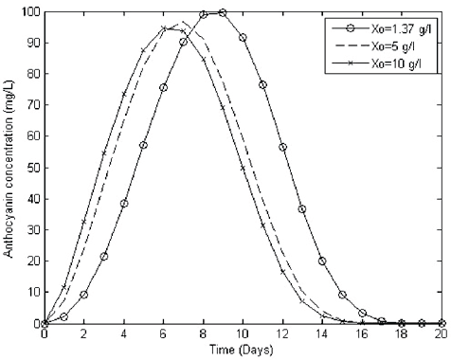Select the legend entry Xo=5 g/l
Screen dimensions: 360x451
(x=388, y=45)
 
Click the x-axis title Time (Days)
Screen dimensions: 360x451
(x=243, y=351)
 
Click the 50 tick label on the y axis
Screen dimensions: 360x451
(x=30, y=168)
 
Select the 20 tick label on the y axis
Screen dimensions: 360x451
(x=30, y=261)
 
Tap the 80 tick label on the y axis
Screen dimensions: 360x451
(x=30, y=75)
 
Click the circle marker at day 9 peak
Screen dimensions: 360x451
(x=223, y=12)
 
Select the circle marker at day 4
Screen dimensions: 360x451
(x=124, y=204)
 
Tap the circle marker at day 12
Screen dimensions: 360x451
(x=282, y=147)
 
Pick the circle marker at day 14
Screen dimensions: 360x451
(x=322, y=261)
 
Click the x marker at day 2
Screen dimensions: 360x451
(x=84, y=222)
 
